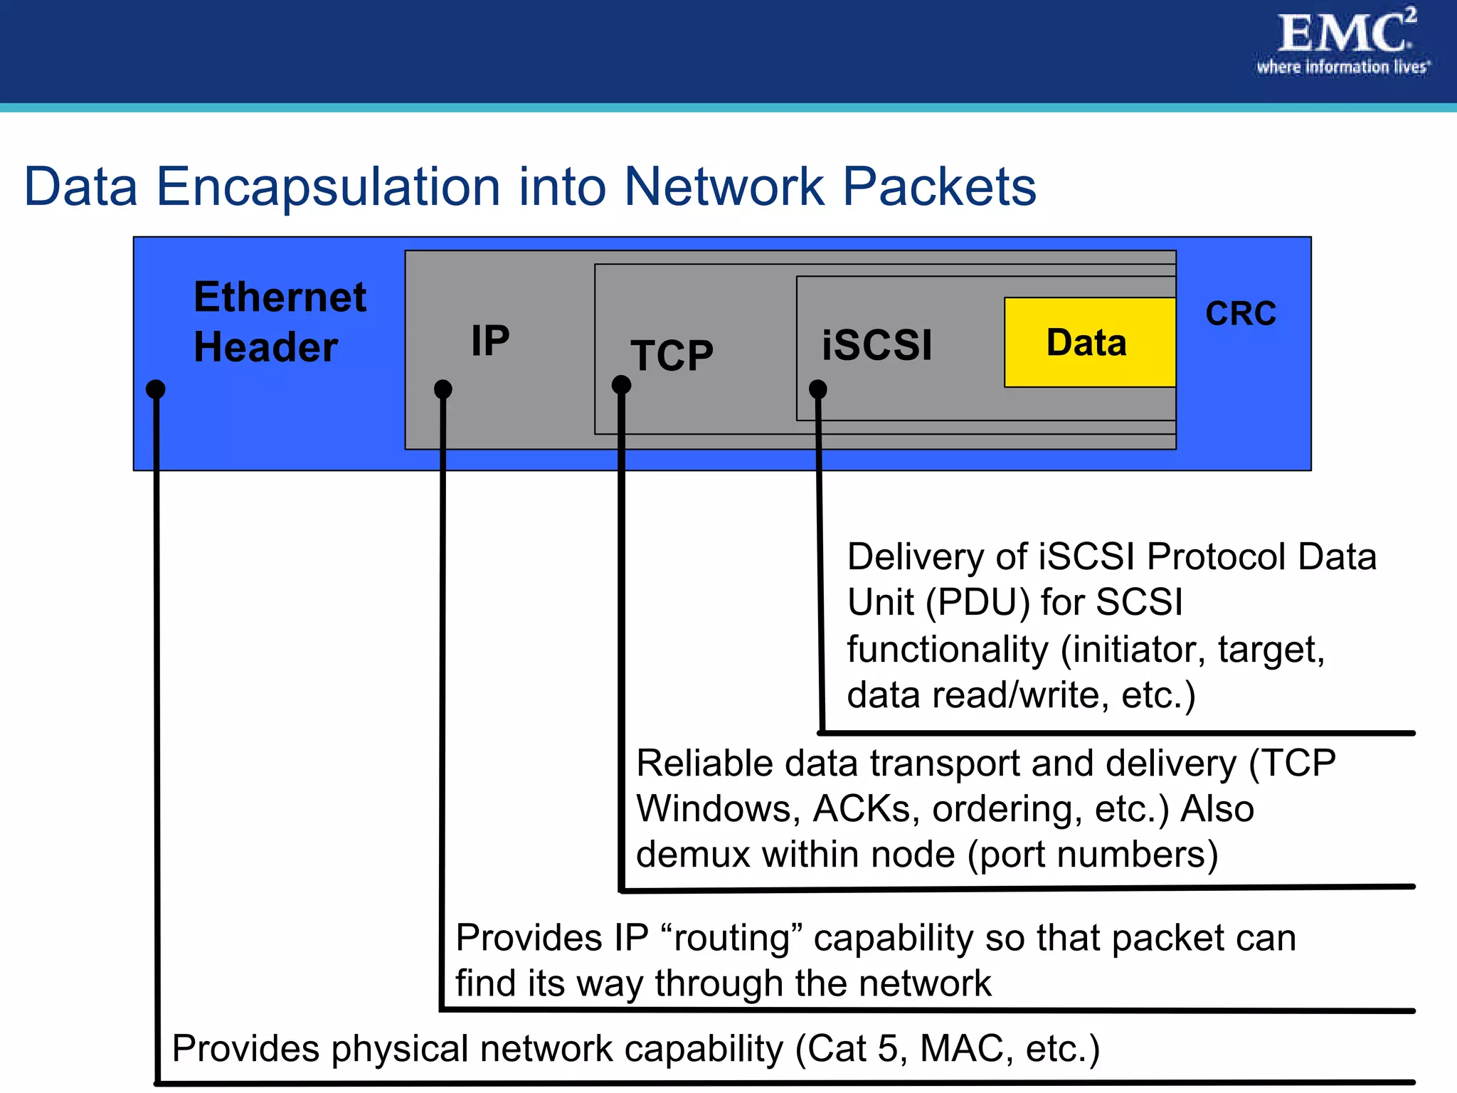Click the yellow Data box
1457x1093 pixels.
[1088, 342]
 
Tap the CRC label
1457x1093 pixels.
[1241, 314]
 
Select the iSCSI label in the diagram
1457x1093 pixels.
[876, 345]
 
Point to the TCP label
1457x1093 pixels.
[672, 355]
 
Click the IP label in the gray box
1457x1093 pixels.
[490, 340]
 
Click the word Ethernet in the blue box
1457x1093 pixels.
[280, 297]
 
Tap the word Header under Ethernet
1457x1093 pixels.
[265, 347]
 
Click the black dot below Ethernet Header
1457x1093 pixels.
[155, 389]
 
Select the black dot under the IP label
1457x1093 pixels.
[443, 389]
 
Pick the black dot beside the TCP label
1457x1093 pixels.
[621, 385]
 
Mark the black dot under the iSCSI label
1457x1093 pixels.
[818, 389]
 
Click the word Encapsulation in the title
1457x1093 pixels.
[328, 186]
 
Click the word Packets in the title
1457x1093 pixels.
[939, 186]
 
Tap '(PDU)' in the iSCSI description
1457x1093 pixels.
[977, 603]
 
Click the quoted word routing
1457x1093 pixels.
[731, 938]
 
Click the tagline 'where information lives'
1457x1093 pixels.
[1342, 68]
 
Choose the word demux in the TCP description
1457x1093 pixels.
[693, 855]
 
